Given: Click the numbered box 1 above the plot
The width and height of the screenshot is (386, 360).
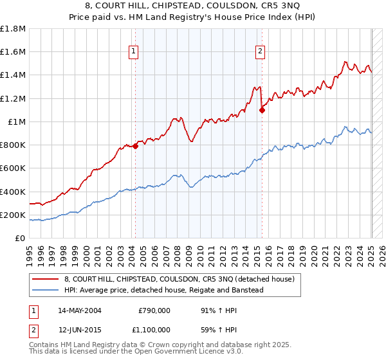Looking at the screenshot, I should click(x=133, y=52).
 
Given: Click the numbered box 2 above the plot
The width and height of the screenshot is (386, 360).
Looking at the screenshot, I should click(x=260, y=52).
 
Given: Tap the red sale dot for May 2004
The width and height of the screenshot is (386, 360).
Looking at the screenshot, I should click(x=136, y=147).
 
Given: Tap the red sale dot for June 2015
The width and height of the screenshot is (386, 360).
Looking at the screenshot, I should click(x=262, y=110).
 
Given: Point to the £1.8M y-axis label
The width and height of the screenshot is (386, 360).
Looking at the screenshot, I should click(x=13, y=29).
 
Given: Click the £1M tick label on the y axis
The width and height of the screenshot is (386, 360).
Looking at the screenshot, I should click(x=17, y=122).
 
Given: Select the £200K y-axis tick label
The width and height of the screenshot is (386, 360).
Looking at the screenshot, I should click(x=13, y=215).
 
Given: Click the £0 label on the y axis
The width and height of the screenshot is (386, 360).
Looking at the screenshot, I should click(x=21, y=239).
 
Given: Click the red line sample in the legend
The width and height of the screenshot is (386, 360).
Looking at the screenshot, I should click(x=46, y=279).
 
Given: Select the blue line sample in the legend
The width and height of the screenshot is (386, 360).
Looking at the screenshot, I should click(x=46, y=290).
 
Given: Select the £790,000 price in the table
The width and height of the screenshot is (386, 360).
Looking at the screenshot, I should click(x=154, y=310).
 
